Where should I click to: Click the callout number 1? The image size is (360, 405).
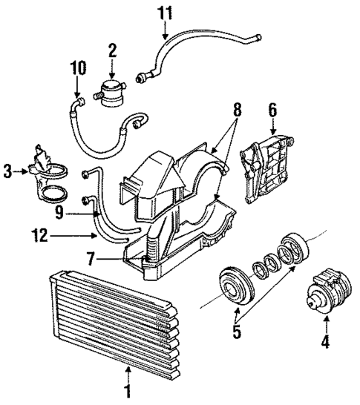(x=128, y=389)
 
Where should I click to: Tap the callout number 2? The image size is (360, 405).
(x=112, y=50)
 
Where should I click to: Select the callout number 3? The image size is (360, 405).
(x=8, y=172)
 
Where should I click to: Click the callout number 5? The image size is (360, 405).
(x=237, y=332)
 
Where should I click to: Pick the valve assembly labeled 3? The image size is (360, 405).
(x=45, y=178)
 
